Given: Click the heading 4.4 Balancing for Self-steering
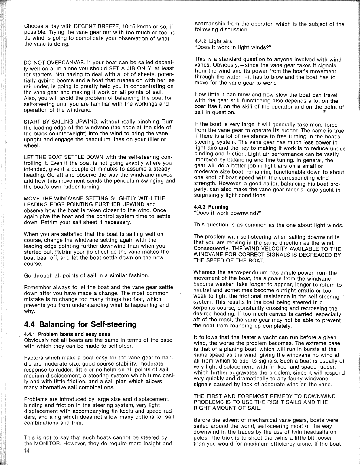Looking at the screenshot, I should tap(80, 324).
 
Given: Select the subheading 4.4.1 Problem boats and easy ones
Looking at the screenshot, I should tap(67, 334).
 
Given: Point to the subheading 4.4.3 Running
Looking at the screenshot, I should tap(211, 207).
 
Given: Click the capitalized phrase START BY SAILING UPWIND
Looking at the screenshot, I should tap(60, 122).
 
